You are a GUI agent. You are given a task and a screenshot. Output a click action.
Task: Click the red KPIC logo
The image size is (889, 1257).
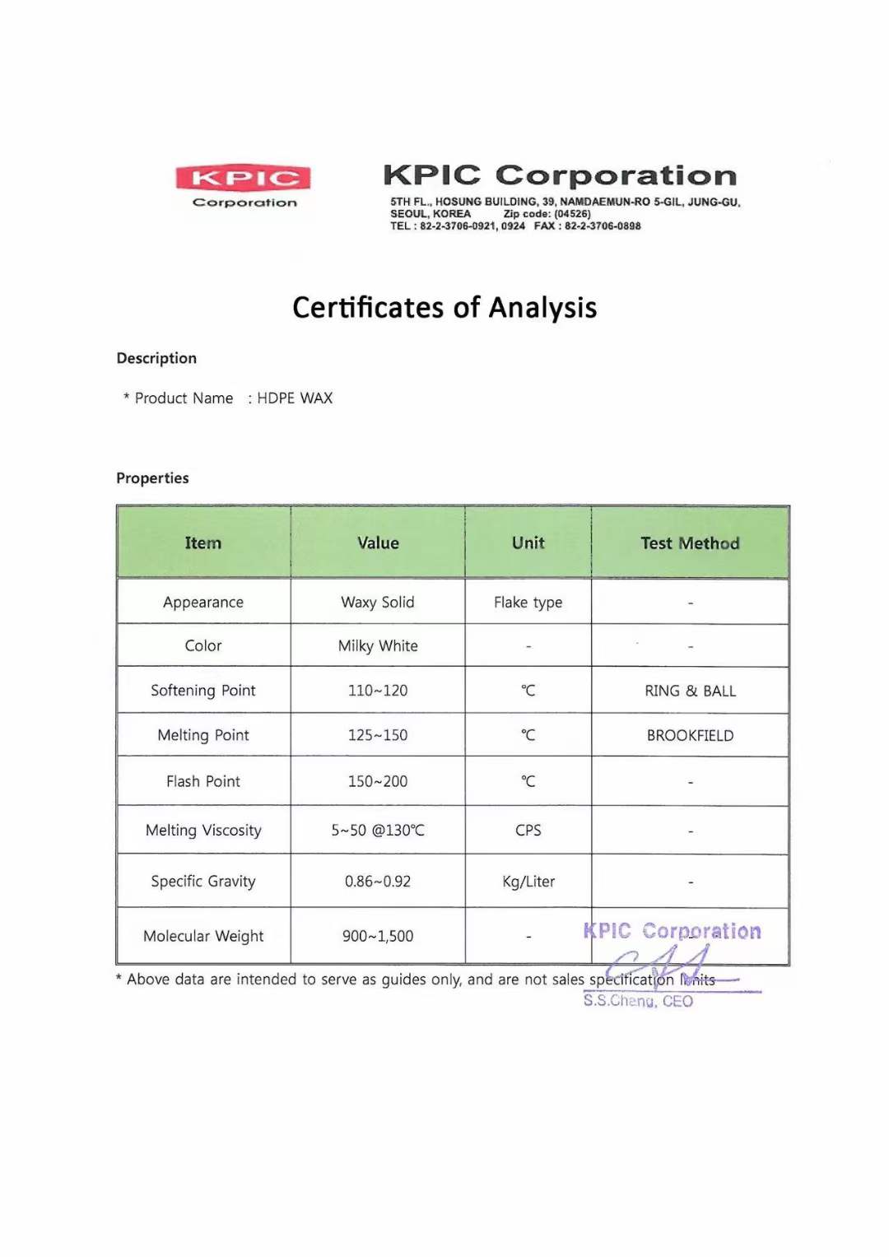(243, 178)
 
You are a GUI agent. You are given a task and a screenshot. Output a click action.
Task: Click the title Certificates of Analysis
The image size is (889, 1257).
(444, 308)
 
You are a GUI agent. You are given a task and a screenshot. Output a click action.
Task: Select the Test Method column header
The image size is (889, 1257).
(690, 543)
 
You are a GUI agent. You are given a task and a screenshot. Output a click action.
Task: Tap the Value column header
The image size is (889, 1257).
(378, 543)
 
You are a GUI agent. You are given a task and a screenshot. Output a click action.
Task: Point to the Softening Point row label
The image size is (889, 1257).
(203, 691)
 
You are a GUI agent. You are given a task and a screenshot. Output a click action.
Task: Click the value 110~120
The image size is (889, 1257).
(378, 691)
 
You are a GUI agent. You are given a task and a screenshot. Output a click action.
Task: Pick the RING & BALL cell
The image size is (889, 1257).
(690, 691)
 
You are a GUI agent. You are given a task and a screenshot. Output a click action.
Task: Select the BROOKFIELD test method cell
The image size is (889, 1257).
(690, 736)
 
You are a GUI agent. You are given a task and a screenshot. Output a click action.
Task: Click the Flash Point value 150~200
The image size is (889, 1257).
(378, 781)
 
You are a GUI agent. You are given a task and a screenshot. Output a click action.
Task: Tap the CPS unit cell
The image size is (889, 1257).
(528, 831)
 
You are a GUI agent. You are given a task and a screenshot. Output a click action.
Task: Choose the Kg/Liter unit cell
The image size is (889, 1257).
(528, 882)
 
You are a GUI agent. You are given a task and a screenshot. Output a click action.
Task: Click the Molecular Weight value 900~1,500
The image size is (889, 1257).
(378, 936)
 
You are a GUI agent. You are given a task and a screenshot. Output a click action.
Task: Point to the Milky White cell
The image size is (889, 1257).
(378, 646)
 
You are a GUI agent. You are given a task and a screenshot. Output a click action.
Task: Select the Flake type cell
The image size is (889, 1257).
(528, 603)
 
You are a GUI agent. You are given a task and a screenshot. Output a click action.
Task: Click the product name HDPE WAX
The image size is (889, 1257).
(295, 398)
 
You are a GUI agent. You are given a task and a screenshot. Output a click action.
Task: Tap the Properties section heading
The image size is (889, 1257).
(152, 478)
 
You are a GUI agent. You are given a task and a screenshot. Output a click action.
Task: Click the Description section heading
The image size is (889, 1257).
(156, 358)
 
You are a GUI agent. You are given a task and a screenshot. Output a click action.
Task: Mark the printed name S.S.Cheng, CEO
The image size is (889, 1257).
(638, 1001)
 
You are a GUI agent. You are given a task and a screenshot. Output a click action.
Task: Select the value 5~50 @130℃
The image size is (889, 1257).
(378, 831)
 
